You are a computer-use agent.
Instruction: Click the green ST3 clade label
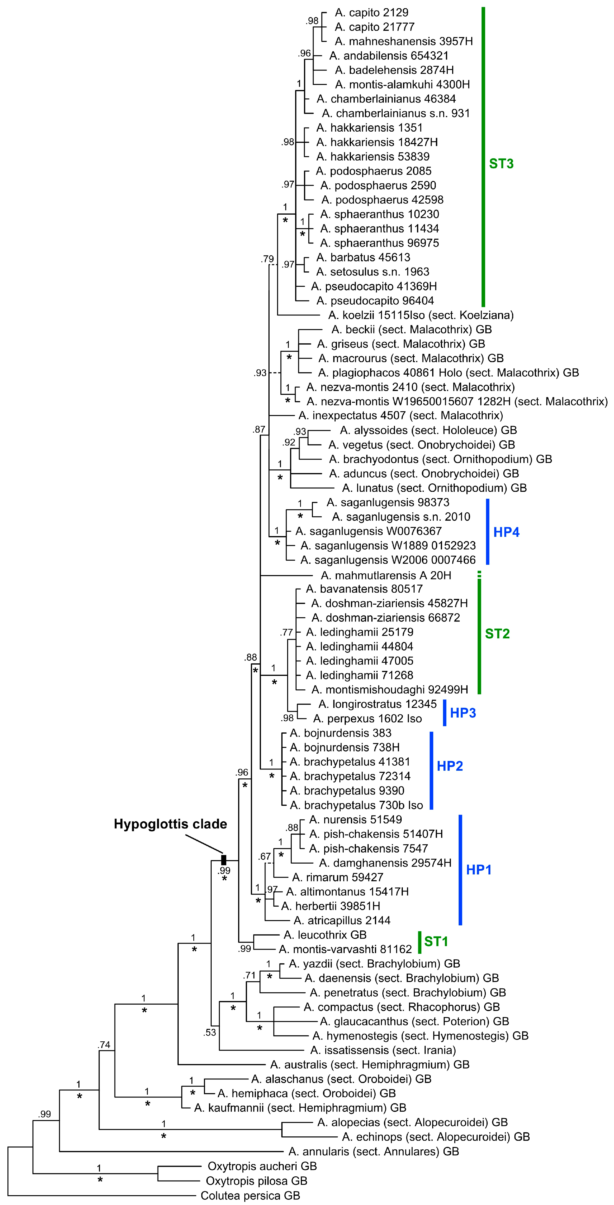pos(501,164)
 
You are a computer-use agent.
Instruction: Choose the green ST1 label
pos(436,941)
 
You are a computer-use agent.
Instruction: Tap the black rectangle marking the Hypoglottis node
pos(223,860)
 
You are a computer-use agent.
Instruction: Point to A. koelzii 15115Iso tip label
pos(420,315)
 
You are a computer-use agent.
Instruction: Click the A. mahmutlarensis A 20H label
pos(386,575)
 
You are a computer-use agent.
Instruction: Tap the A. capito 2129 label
pos(371,13)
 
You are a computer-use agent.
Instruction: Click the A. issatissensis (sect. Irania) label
pos(383,1050)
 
